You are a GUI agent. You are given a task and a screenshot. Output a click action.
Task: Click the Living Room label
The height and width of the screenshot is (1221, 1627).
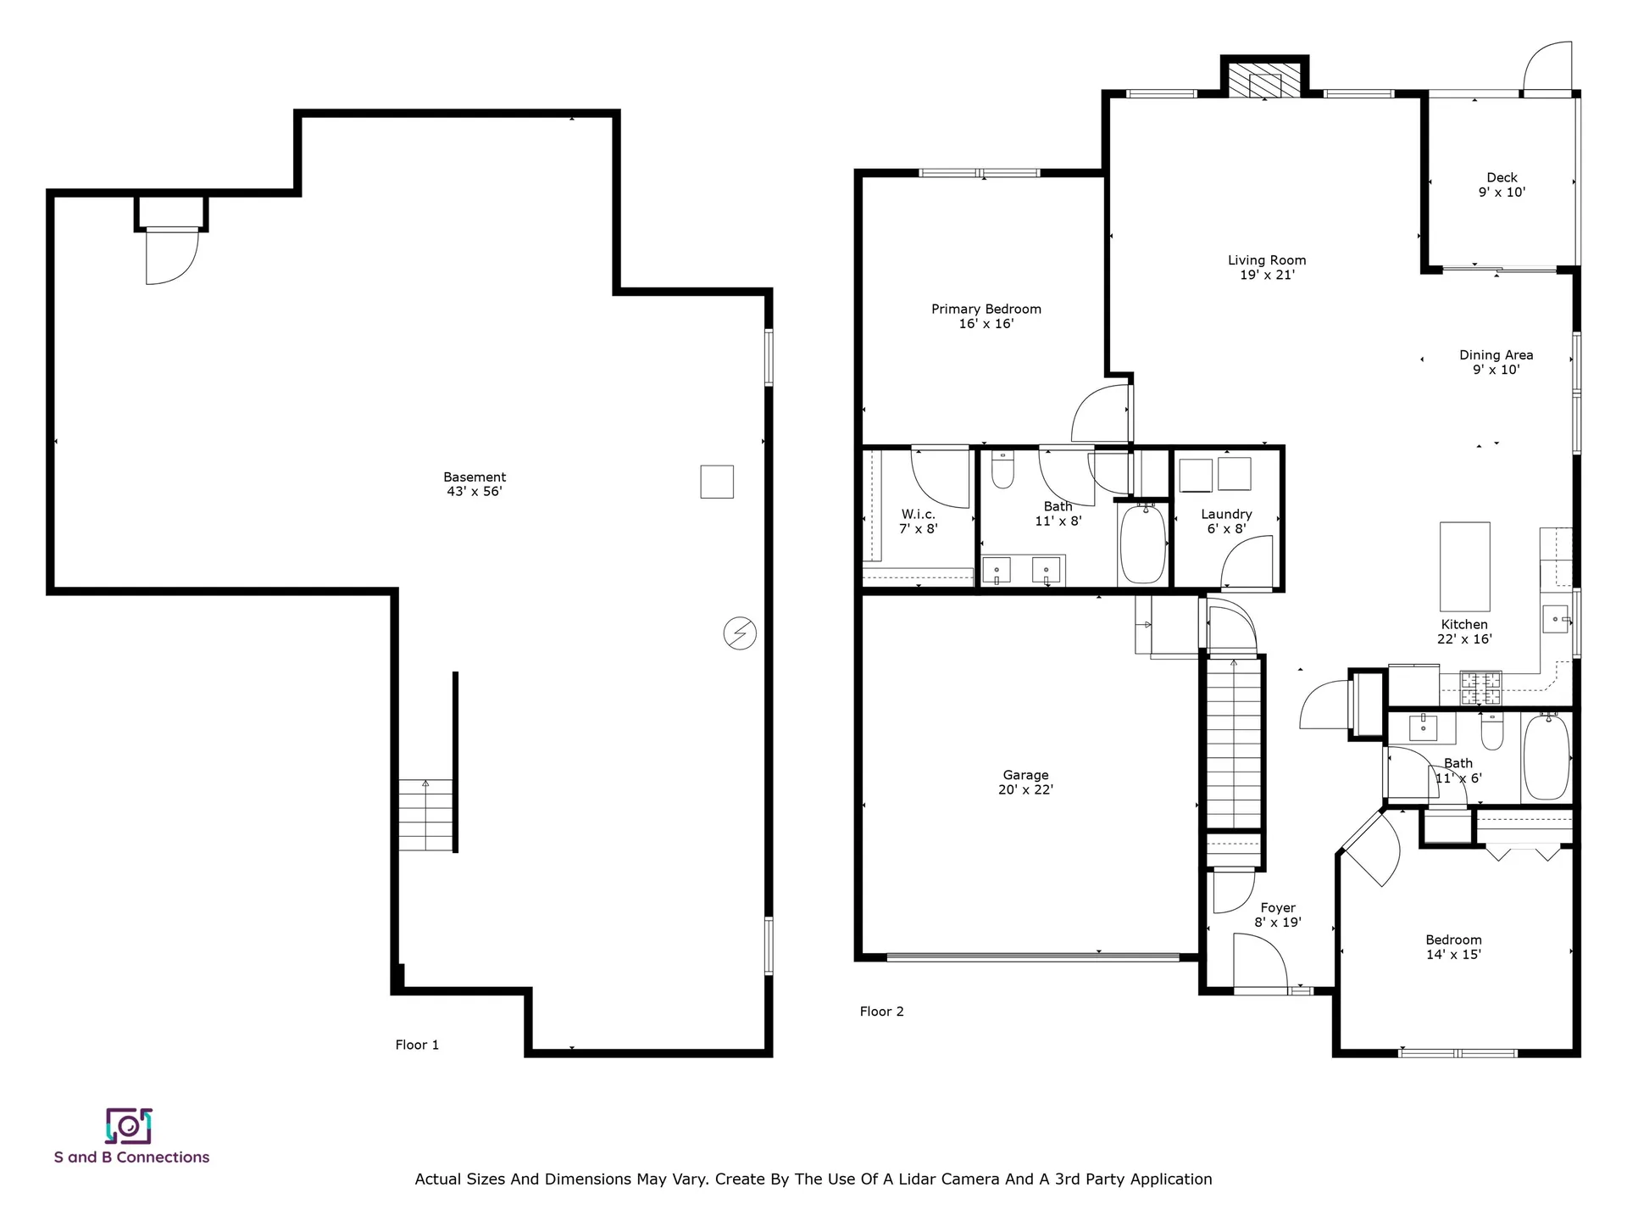pyautogui.click(x=1267, y=267)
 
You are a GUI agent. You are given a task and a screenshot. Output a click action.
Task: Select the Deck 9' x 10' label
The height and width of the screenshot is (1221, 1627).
pyautogui.click(x=1502, y=185)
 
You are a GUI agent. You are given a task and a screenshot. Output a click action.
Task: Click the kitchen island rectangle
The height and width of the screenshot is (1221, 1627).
pyautogui.click(x=1464, y=566)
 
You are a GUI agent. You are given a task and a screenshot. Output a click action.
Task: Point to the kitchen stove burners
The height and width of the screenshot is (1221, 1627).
pyautogui.click(x=1480, y=689)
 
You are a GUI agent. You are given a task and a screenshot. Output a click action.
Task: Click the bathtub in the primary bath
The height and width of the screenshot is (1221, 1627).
pyautogui.click(x=1142, y=544)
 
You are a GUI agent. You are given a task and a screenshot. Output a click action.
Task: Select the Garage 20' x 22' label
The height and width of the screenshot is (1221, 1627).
pyautogui.click(x=1025, y=782)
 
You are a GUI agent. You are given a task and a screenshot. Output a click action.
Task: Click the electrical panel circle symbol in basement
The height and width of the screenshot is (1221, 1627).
pyautogui.click(x=739, y=633)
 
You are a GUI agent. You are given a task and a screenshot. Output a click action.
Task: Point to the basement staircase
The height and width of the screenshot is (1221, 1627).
pyautogui.click(x=426, y=815)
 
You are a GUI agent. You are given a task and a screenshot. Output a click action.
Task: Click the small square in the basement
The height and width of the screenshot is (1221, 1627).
pyautogui.click(x=716, y=482)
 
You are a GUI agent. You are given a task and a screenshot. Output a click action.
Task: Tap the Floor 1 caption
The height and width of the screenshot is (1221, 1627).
pyautogui.click(x=417, y=1045)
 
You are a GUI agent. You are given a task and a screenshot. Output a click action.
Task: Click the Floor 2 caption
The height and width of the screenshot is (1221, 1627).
pyautogui.click(x=881, y=1011)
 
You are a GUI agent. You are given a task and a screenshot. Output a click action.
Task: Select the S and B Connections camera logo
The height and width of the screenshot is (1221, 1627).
pyautogui.click(x=129, y=1126)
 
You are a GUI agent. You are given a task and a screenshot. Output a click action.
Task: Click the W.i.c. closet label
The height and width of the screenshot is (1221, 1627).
pyautogui.click(x=918, y=521)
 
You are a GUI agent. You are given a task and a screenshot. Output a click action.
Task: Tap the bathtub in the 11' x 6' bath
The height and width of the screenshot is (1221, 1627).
pyautogui.click(x=1546, y=756)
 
